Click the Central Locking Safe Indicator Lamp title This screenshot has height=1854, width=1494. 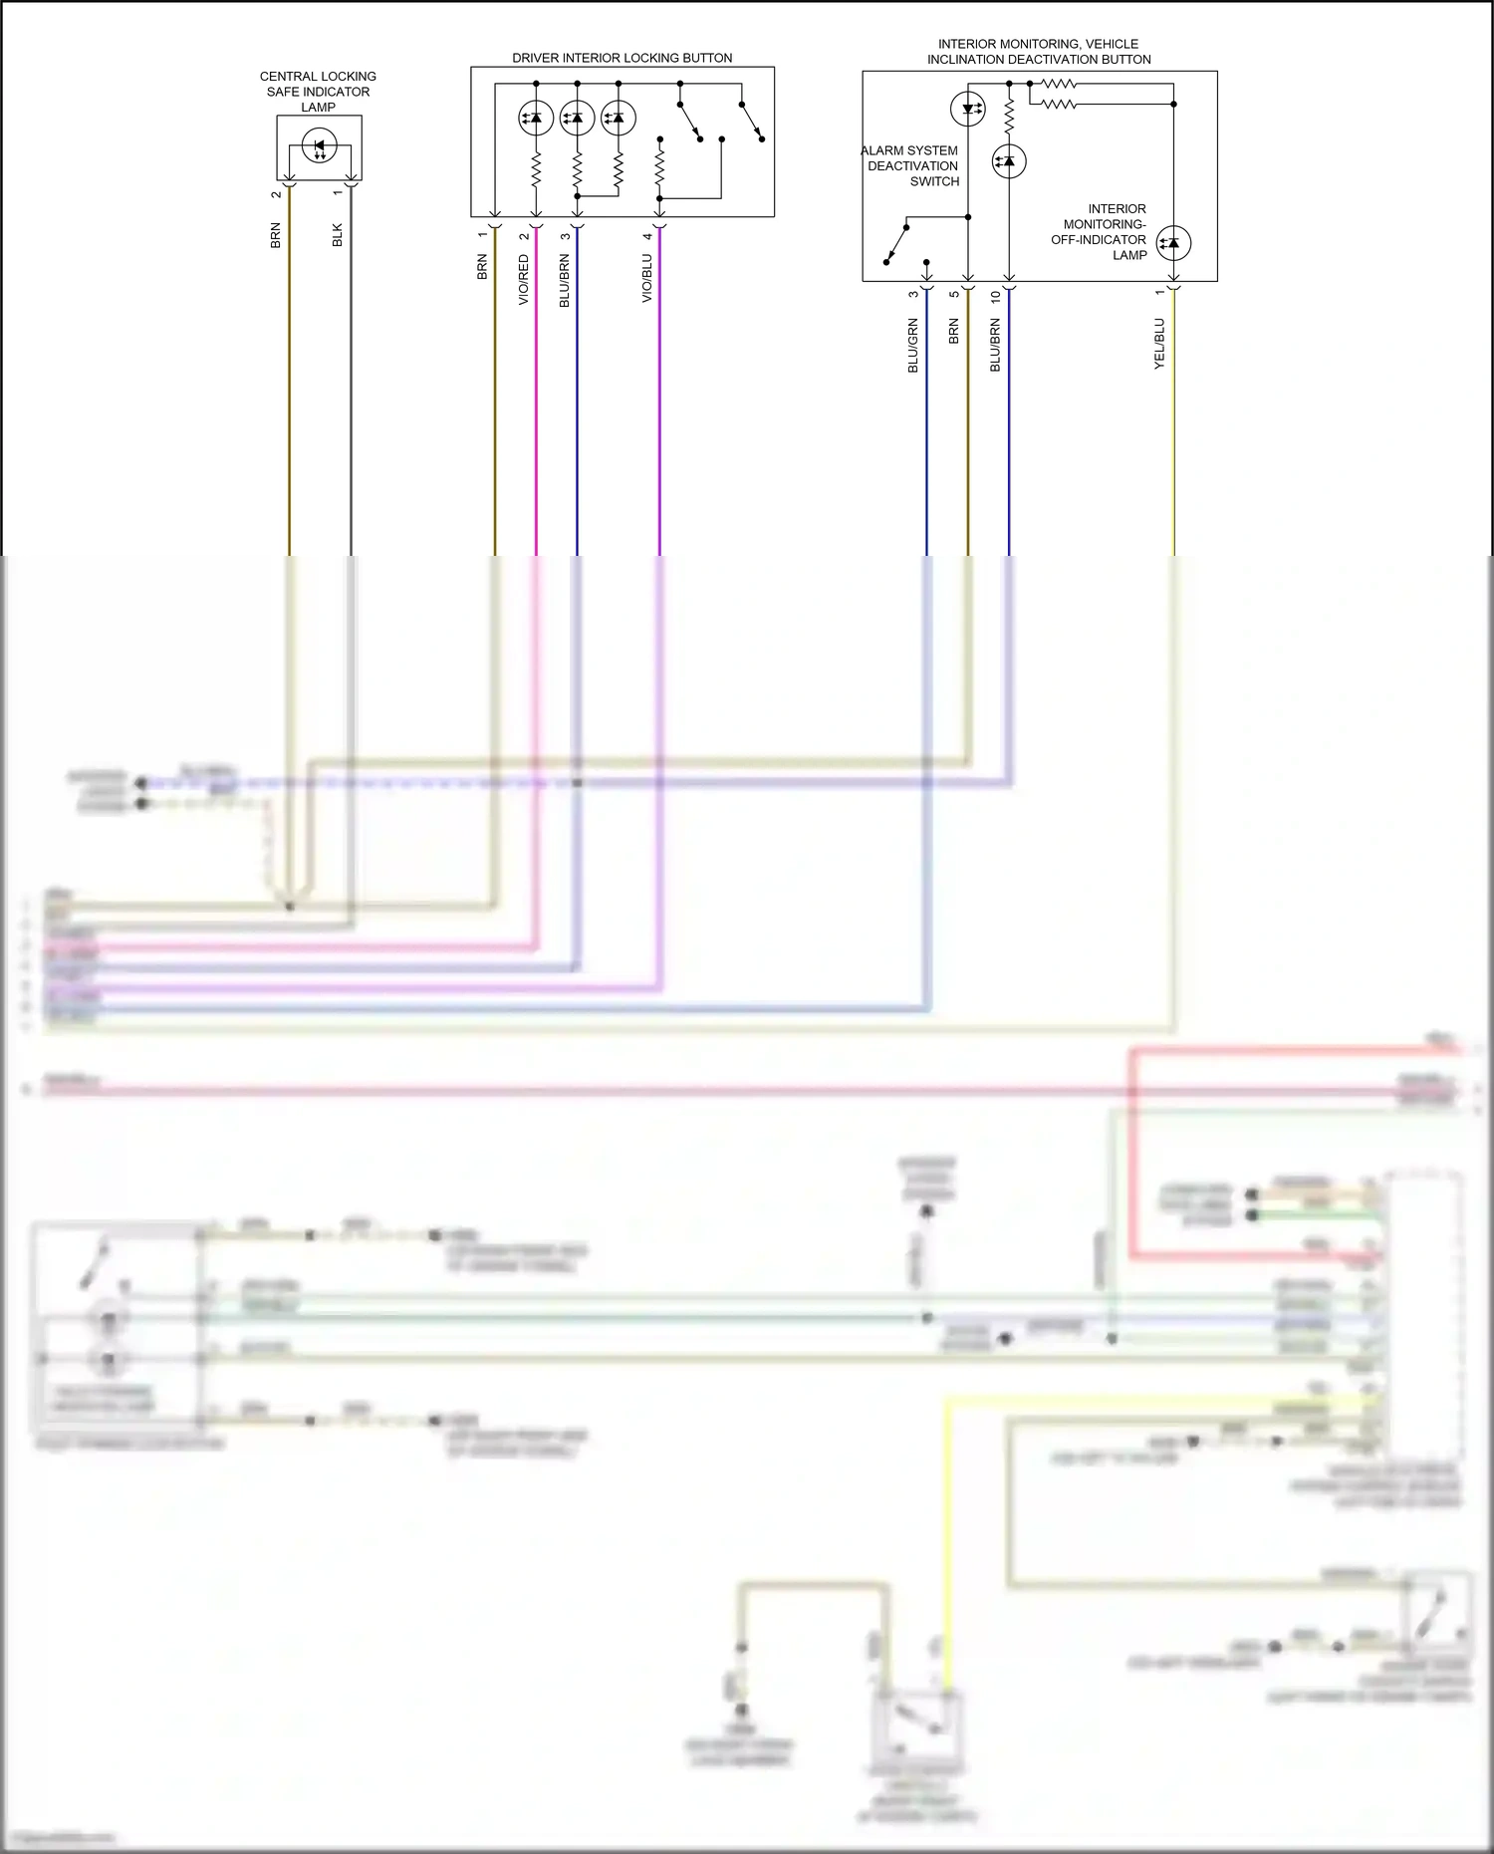(318, 92)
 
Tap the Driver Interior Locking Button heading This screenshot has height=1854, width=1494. (622, 58)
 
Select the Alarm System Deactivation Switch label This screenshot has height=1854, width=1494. (911, 166)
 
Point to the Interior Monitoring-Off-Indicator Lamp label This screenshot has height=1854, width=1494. (1100, 232)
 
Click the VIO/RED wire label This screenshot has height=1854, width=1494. (524, 280)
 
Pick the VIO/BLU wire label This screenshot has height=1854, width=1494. (647, 279)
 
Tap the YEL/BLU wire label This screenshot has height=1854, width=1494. (1159, 345)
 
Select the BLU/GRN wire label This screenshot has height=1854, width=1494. (913, 347)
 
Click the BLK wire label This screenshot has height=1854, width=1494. (338, 235)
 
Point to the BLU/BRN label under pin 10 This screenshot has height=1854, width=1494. (995, 347)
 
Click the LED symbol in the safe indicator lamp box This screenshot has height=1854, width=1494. (320, 146)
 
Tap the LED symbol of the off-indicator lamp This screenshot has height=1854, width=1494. (1173, 242)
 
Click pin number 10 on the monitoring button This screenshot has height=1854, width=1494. (995, 297)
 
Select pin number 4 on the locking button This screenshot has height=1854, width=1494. (647, 236)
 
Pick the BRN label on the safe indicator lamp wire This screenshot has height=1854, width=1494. (276, 236)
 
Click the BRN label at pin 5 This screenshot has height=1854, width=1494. (954, 332)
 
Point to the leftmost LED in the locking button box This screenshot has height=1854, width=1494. (536, 119)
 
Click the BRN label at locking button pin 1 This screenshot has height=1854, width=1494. (482, 267)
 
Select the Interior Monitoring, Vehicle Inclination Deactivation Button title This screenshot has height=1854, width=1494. (1039, 52)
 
